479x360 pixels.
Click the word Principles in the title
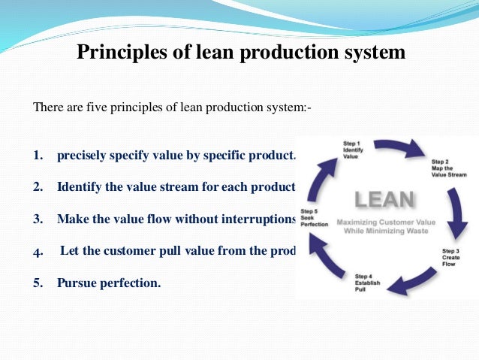click(x=116, y=53)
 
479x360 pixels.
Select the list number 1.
click(x=38, y=156)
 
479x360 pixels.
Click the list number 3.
click(x=38, y=219)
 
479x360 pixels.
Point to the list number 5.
click(x=38, y=285)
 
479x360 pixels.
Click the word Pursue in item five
click(x=77, y=285)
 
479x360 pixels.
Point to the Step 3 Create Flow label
click(x=451, y=258)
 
